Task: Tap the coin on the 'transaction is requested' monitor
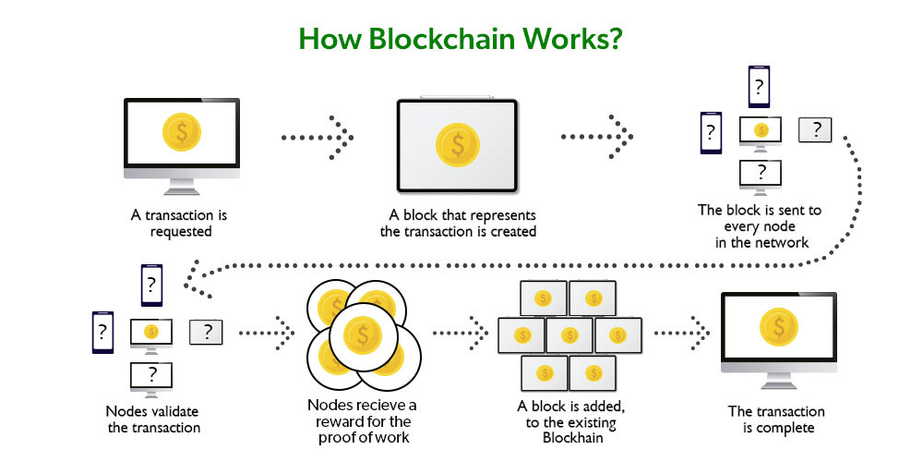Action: [x=182, y=132]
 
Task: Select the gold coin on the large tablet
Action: [x=459, y=144]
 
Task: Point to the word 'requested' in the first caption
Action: [x=181, y=231]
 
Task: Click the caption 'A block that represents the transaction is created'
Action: [x=458, y=223]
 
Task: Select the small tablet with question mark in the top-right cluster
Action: [x=815, y=130]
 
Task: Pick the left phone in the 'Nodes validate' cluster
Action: [x=102, y=331]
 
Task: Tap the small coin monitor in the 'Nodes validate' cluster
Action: [x=151, y=332]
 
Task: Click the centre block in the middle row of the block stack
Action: [x=569, y=334]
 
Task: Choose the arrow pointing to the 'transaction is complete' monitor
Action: [x=683, y=329]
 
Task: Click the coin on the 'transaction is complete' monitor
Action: [x=779, y=328]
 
